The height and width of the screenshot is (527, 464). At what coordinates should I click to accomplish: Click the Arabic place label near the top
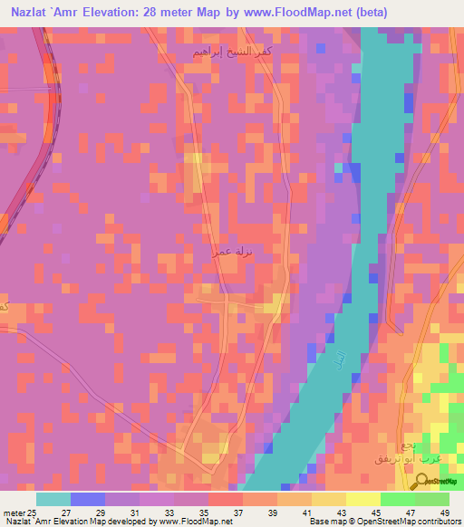coord(229,54)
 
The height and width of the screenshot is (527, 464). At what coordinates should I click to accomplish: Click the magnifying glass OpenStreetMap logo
coord(423,483)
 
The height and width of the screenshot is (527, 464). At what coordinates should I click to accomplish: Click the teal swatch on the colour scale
coord(53,499)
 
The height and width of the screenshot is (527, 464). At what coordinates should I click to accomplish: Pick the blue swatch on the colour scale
coord(88,499)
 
